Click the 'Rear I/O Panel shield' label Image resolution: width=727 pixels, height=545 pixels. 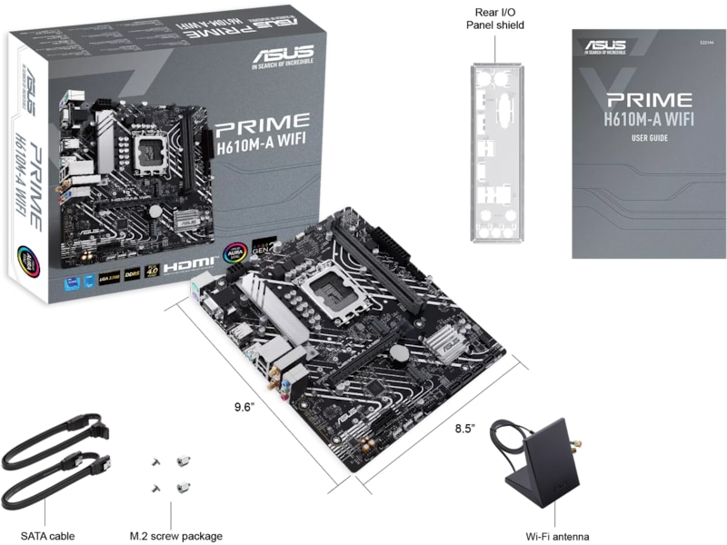tap(494, 19)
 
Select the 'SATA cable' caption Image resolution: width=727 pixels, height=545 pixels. tap(47, 536)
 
